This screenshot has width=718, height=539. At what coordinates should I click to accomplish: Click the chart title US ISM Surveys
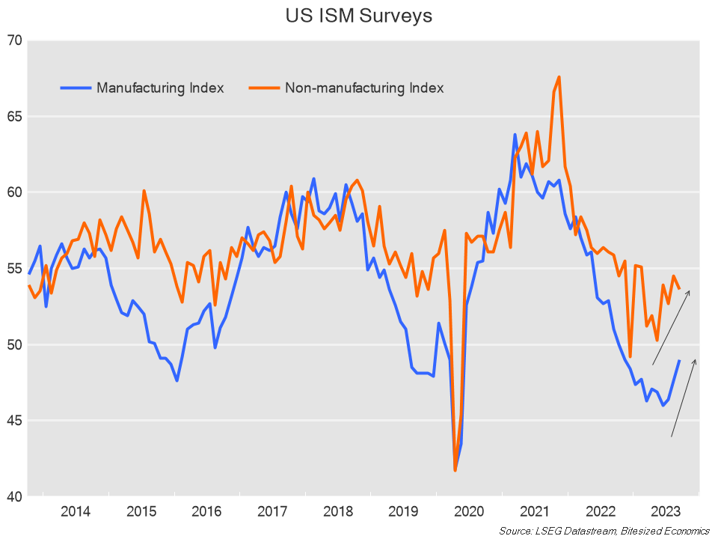point(359,16)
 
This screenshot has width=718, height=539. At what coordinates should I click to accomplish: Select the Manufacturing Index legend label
point(160,88)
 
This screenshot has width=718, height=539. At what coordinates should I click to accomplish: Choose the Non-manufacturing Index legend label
point(364,88)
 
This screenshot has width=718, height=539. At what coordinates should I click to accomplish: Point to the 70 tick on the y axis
point(14,40)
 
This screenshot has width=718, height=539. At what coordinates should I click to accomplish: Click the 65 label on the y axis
point(14,117)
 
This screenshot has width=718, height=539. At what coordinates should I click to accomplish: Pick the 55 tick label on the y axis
point(14,269)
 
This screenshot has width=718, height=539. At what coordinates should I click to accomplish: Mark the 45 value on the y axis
point(14,421)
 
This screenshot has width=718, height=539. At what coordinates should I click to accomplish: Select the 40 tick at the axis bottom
point(14,496)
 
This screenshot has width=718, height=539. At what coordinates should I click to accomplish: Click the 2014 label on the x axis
point(76,512)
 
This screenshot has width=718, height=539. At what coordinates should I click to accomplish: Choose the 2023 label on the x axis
point(666,512)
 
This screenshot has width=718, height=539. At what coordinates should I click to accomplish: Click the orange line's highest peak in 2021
point(559,77)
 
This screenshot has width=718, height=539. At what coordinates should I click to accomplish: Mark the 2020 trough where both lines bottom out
point(455,470)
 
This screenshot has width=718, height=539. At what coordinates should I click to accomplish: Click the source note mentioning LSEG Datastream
point(604,531)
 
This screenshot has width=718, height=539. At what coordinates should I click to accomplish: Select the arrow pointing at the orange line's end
point(671,327)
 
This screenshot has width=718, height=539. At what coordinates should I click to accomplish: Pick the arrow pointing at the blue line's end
point(684,398)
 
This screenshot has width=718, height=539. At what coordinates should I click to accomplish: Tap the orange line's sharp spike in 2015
point(144,191)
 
